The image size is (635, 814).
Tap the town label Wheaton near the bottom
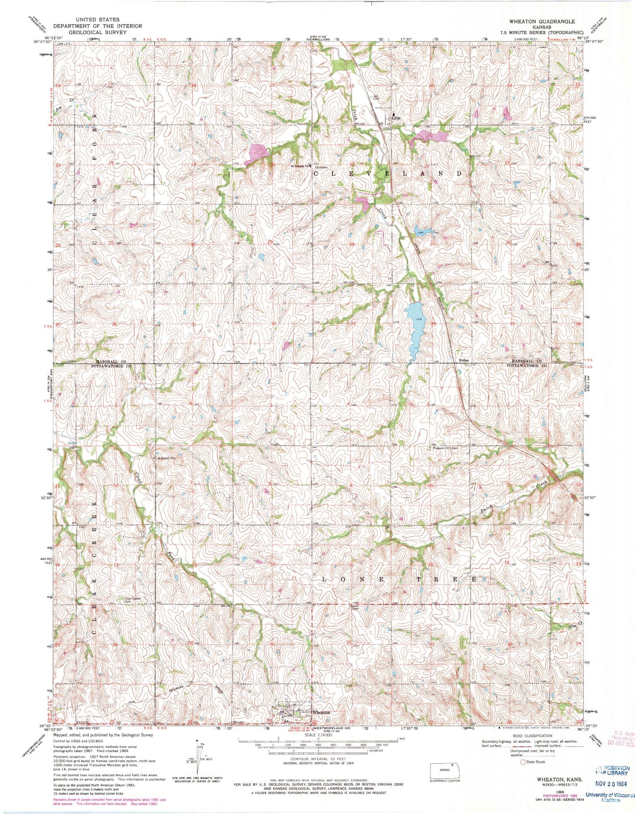tap(320, 712)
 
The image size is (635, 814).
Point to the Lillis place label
tap(396, 119)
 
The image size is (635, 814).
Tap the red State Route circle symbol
tap(523, 762)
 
